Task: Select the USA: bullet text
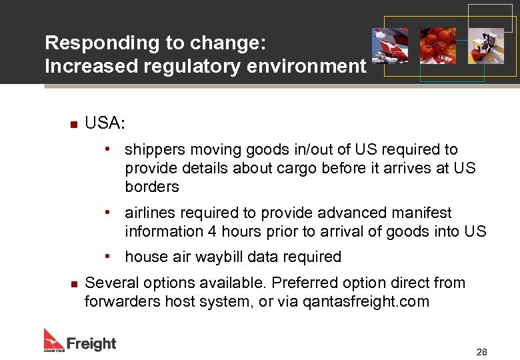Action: coord(105,123)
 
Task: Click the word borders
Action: coord(152,187)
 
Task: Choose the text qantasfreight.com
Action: coord(366,301)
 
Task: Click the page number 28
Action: coord(481,352)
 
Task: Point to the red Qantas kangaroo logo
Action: coord(54,339)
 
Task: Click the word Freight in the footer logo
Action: coord(91,343)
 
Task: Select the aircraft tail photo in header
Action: coord(390,46)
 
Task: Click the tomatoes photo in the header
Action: coord(437,46)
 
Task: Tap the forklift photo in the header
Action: coord(485,46)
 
